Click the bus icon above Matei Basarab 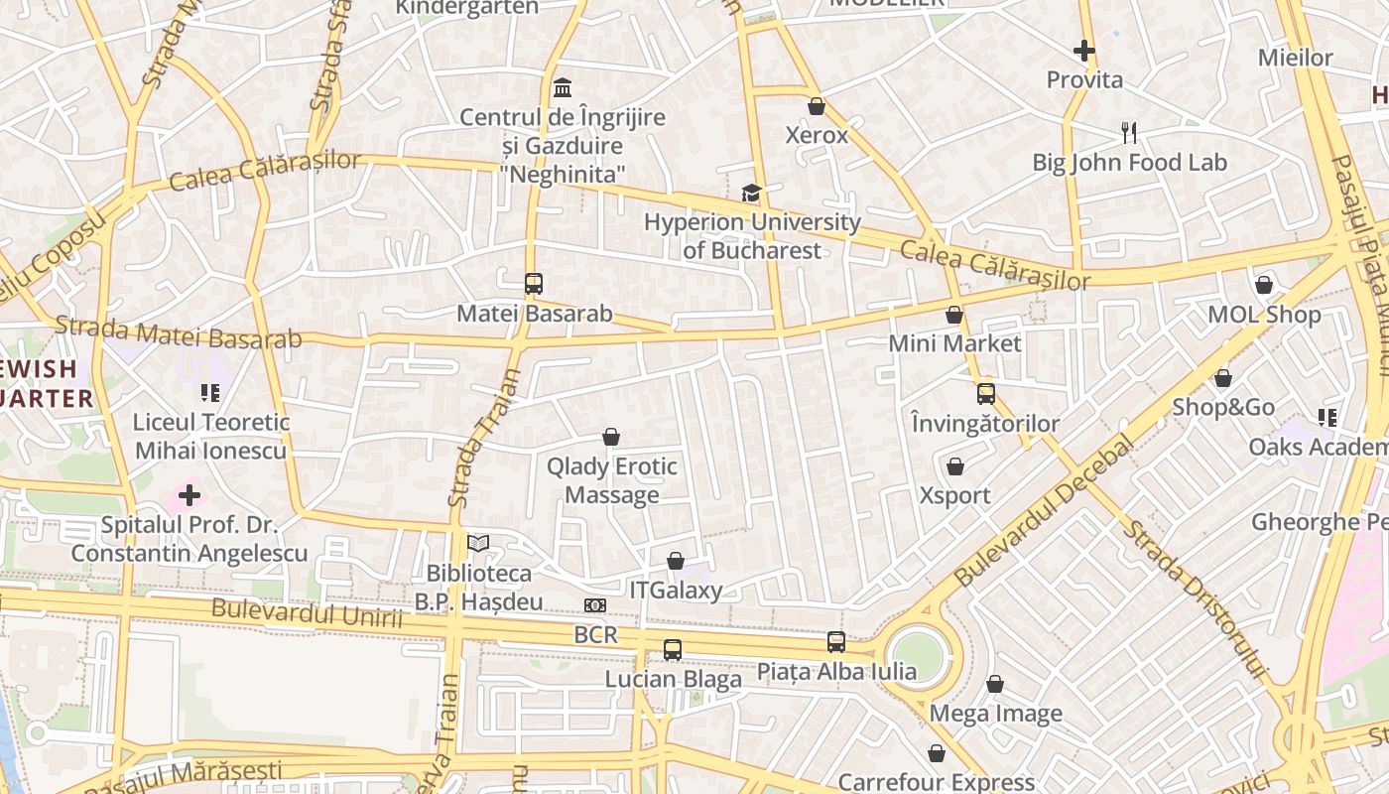coord(534,284)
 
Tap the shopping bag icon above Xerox coord(817,106)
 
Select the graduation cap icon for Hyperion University coord(751,193)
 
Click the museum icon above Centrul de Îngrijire coord(563,87)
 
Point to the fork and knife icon coord(1128,133)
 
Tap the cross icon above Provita coord(1084,50)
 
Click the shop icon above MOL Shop coord(1264,286)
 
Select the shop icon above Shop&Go coord(1223,378)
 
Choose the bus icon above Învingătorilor coord(985,394)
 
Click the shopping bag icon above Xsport coord(955,466)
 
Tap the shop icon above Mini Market coord(954,315)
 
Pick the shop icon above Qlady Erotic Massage coord(611,437)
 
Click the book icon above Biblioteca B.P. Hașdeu coord(478,544)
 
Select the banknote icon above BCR coord(595,605)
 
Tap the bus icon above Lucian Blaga coord(673,650)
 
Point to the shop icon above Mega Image coord(995,684)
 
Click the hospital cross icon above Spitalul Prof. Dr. coord(189,495)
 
